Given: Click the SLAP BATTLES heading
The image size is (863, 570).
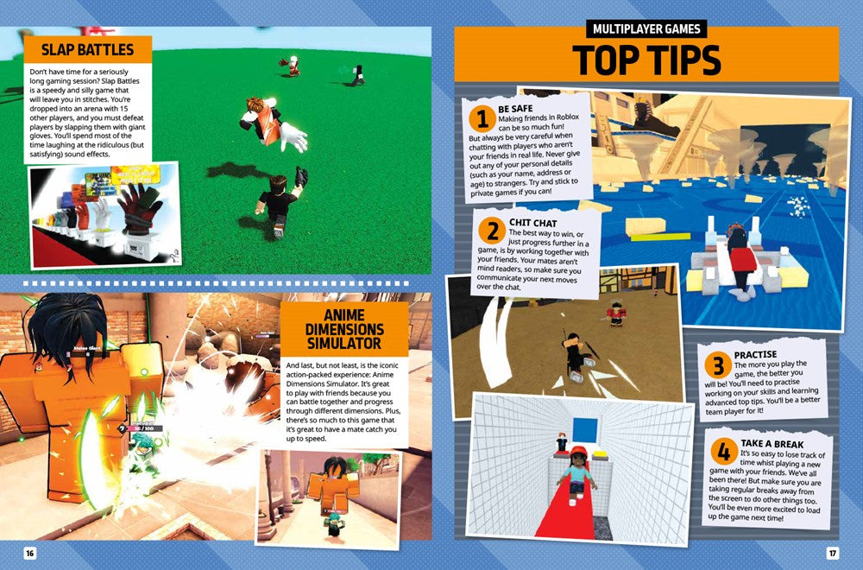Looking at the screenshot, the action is [x=87, y=49].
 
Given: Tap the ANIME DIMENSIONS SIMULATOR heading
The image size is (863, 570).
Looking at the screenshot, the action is [x=344, y=329].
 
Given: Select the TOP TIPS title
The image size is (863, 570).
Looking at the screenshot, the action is [x=646, y=60].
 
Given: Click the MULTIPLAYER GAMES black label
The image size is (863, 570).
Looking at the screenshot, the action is [x=646, y=28].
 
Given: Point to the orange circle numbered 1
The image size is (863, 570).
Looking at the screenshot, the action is [x=482, y=119].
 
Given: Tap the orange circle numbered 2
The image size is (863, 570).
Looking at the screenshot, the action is [x=492, y=231].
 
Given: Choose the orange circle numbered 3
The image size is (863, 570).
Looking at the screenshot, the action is [x=718, y=365].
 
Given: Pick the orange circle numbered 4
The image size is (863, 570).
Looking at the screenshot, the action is [x=724, y=452].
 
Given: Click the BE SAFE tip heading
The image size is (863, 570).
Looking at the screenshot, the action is [x=515, y=109].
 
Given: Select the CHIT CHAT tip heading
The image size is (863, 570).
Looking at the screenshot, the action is [x=532, y=223].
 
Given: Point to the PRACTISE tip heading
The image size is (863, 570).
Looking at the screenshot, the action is [x=755, y=355].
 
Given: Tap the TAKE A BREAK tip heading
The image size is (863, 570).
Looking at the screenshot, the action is [x=772, y=444].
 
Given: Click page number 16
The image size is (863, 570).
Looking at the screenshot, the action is [x=29, y=553].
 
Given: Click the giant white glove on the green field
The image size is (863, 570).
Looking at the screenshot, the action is [x=293, y=137].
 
